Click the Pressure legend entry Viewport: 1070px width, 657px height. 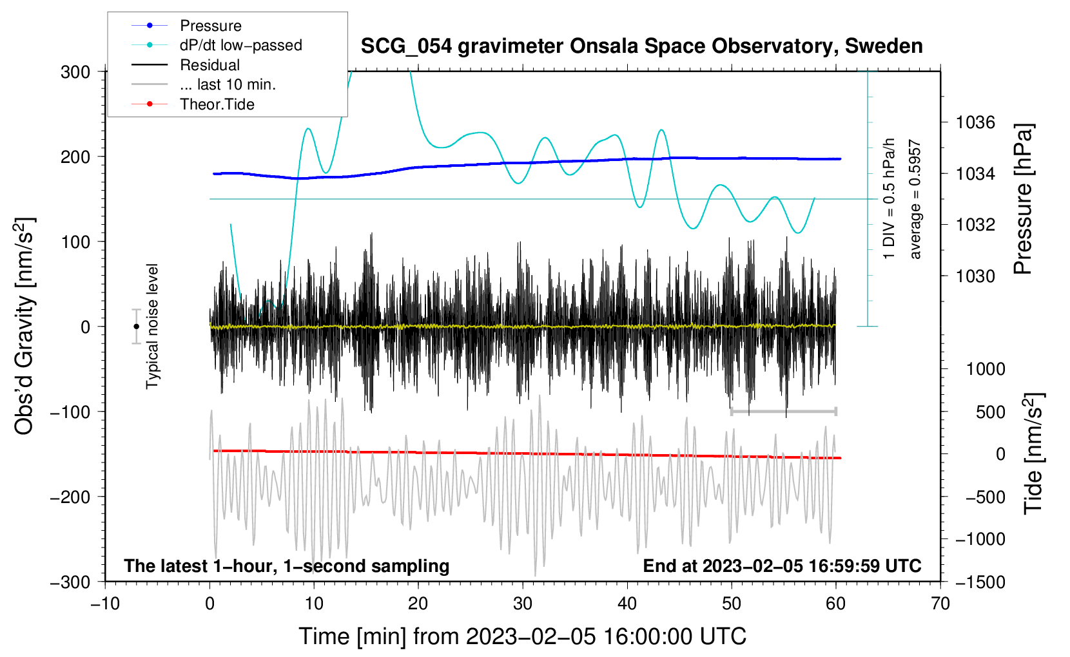(210, 26)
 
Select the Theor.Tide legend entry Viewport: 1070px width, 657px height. (217, 104)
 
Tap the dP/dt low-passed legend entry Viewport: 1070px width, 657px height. (240, 45)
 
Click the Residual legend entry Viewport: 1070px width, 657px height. (209, 65)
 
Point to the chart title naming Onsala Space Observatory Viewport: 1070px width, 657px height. (641, 46)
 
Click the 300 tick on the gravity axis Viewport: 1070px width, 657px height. (75, 72)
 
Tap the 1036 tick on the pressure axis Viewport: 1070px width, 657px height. (975, 122)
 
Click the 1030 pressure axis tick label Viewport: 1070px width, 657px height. (975, 276)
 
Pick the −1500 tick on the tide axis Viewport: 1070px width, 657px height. (980, 582)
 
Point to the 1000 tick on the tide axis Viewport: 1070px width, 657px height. (986, 369)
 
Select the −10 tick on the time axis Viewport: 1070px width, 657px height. (105, 604)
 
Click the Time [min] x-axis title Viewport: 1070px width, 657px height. (522, 636)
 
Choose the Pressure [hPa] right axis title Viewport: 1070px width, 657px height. (1023, 200)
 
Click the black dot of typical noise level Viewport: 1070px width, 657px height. (136, 327)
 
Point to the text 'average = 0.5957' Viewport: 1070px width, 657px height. (915, 200)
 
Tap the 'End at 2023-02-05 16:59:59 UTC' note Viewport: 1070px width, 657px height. (782, 566)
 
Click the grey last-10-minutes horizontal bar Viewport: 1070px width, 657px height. (783, 411)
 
